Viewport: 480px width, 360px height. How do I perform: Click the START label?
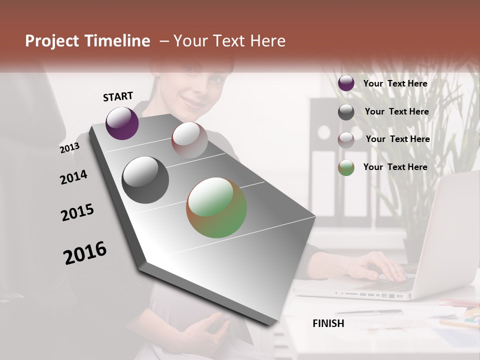pos(118,96)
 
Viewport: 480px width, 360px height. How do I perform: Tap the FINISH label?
pos(328,323)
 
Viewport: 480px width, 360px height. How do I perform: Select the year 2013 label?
pos(69,148)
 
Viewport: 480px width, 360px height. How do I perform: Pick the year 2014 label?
pos(73,177)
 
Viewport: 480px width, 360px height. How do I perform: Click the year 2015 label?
pos(77,212)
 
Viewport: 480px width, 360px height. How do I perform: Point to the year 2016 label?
pos(85,253)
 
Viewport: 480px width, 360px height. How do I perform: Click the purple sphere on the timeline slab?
pos(122,123)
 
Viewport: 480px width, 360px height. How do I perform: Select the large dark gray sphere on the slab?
pos(145,180)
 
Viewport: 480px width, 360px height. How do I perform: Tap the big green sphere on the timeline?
pos(216,207)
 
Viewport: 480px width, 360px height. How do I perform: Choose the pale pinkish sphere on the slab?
pos(189,139)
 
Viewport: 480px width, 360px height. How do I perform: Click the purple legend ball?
pos(346,83)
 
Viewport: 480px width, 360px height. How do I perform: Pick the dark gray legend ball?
pos(346,112)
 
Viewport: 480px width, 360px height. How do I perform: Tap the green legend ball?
pos(346,167)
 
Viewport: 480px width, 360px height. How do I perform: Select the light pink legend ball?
pos(346,140)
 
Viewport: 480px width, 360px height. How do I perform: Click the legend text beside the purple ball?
pos(395,83)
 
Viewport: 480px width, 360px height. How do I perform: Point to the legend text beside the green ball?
pos(395,167)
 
